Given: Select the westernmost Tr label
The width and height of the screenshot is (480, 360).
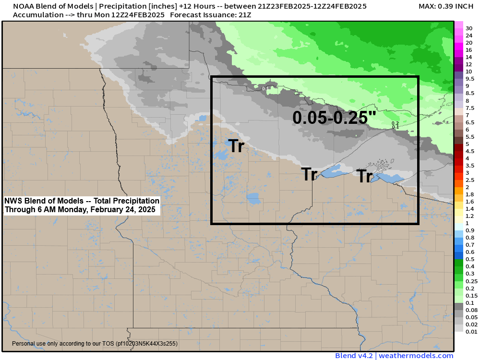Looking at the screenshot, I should tap(236, 146).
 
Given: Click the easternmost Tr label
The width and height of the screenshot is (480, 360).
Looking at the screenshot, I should tap(364, 177).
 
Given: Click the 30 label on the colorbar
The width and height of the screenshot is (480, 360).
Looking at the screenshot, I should tap(469, 28).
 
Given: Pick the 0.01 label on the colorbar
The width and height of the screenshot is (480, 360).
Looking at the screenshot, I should tap(470, 331).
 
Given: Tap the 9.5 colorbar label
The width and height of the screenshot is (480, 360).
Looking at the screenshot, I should tap(470, 79).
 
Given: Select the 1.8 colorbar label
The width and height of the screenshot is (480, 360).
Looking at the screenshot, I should tap(470, 194).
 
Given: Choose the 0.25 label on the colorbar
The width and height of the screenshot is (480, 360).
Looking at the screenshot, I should tap(471, 281).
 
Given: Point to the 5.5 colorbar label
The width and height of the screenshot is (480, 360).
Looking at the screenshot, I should tap(470, 136).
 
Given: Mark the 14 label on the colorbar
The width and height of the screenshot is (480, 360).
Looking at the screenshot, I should tap(469, 57).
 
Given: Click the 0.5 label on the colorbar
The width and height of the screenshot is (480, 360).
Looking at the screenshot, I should tap(470, 259).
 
